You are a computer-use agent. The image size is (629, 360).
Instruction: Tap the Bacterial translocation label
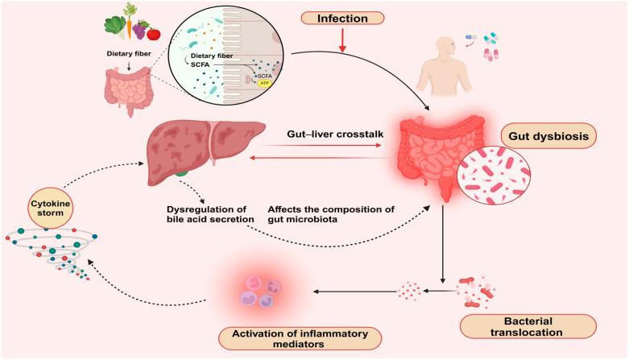click(x=528, y=326)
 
